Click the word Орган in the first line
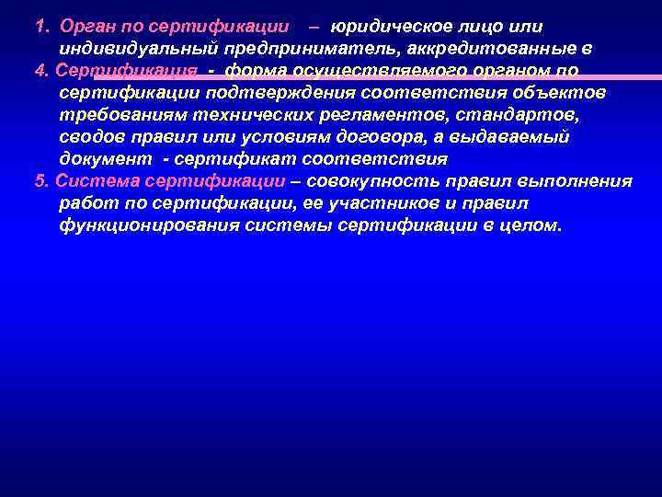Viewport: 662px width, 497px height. (88, 26)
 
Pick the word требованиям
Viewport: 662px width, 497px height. (120, 114)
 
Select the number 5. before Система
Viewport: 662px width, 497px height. (40, 180)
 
